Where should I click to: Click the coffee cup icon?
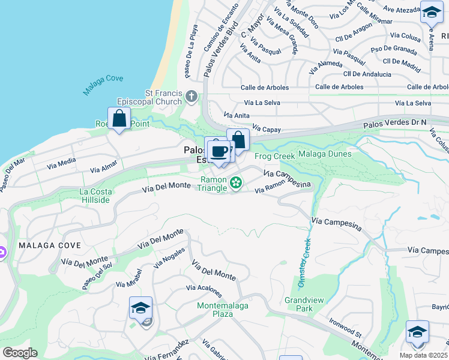pyautogui.click(x=220, y=151)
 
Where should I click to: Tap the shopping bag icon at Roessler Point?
pyautogui.click(x=119, y=118)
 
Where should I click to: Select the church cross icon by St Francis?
pyautogui.click(x=191, y=96)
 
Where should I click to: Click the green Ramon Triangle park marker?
pyautogui.click(x=236, y=182)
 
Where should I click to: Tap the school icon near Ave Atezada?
pyautogui.click(x=431, y=12)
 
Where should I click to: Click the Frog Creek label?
pyautogui.click(x=275, y=156)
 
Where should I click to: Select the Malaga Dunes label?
pyautogui.click(x=325, y=154)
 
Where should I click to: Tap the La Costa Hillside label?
pyautogui.click(x=95, y=196)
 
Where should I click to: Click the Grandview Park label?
pyautogui.click(x=299, y=304)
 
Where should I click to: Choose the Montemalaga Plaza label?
pyautogui.click(x=223, y=310)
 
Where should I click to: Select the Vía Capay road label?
pyautogui.click(x=267, y=128)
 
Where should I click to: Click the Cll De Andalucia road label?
pyautogui.click(x=367, y=74)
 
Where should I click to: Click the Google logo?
pyautogui.click(x=20, y=353)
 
